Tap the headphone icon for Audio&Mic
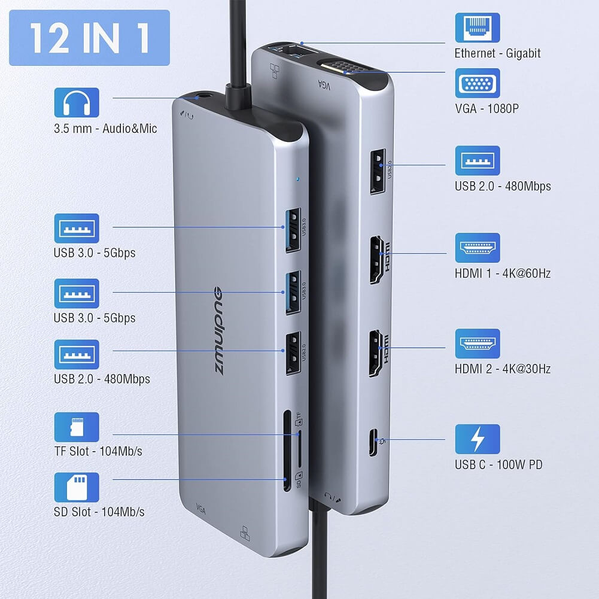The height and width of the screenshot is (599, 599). coord(77,102)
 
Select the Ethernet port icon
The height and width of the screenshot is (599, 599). coord(477,28)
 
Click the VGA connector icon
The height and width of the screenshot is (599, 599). coord(477,83)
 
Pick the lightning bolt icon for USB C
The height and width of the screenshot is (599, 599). coord(477,439)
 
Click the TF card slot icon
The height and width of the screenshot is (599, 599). coord(77,427)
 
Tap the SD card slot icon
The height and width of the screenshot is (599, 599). coord(77,487)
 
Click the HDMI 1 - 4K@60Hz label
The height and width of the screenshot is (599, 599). coord(502,273)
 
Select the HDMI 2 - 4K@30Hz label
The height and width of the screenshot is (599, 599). coord(502,369)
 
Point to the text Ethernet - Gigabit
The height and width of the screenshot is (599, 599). coord(497,53)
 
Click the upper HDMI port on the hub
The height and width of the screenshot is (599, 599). coord(378,260)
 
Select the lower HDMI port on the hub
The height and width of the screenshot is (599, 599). coord(378,354)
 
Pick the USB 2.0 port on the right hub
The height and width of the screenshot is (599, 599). coord(378,171)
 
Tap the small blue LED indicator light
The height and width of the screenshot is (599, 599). coord(297,178)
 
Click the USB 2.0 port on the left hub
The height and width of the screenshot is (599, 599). coord(293,353)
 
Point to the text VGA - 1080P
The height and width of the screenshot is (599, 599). coord(486,109)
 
